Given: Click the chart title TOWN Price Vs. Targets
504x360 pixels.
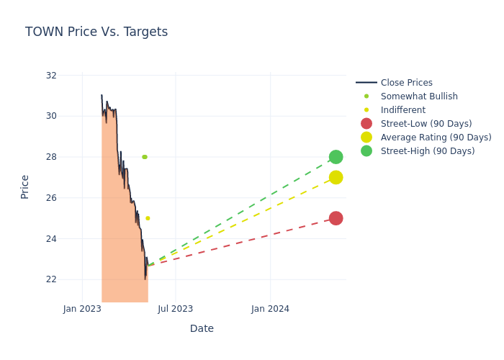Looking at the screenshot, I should coord(96,32).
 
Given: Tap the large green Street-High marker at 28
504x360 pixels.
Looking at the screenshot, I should coord(336,157).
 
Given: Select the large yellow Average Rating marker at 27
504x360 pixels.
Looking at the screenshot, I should coord(336,177).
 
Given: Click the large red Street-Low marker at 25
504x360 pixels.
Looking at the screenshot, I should coord(336,218).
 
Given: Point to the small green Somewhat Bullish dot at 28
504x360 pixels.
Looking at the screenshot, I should coord(145,157).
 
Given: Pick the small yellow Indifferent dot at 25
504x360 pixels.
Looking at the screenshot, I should coord(148,218).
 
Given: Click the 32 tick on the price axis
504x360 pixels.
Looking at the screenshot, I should coord(51,76).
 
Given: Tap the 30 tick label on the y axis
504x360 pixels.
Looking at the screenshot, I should coord(51,116).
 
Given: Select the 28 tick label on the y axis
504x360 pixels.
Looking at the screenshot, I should coord(51,157).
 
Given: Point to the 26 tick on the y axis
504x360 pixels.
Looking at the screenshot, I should coord(51,198).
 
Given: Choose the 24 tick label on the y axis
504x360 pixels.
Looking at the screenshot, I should coord(51,239).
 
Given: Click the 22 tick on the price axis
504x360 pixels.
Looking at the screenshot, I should coord(51,279).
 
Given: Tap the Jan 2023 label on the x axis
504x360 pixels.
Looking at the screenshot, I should coord(82,309).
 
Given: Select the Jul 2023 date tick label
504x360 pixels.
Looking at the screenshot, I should coord(176,309).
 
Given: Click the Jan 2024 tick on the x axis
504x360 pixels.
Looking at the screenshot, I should coord(271,309).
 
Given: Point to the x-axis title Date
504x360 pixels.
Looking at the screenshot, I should coord(202,328).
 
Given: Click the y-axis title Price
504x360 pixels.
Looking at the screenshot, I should coord(25,186).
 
